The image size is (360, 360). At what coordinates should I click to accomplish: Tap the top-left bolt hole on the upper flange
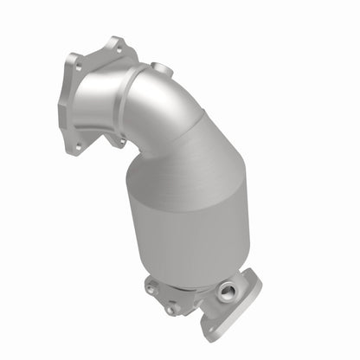coord(77,61)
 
